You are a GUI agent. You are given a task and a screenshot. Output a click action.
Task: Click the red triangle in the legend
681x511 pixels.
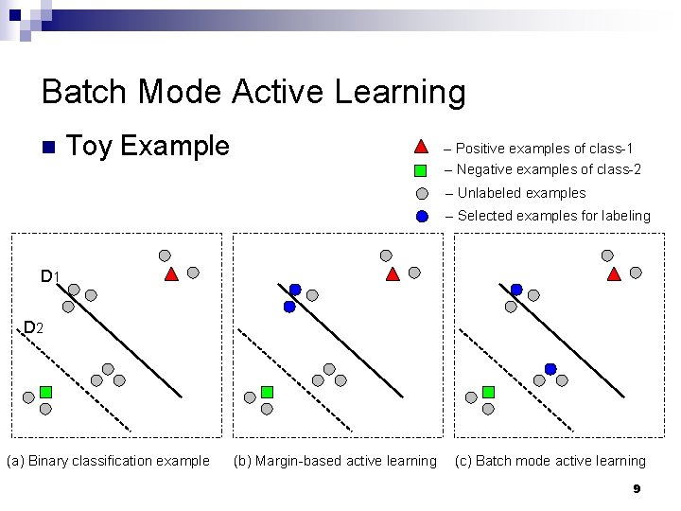coord(422,148)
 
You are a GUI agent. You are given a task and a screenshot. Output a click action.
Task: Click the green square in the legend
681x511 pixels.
coord(422,170)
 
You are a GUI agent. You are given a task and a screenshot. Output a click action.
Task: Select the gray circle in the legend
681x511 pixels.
coord(422,194)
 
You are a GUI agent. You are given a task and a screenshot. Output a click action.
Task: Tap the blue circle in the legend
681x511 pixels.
coord(422,216)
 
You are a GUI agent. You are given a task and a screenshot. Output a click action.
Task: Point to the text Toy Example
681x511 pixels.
coord(149,147)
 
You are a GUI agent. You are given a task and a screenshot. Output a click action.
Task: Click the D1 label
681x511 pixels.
coord(50,277)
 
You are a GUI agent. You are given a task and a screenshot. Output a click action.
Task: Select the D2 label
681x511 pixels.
coord(33,328)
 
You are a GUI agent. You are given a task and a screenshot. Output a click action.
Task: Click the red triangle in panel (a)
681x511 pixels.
coord(171,274)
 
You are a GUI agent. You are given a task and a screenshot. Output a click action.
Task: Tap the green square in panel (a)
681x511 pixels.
coord(45,392)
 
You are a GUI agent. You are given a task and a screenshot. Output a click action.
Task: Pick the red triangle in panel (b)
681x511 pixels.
coord(393,274)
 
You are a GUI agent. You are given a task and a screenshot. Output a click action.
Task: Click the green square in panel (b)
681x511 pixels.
coord(267,392)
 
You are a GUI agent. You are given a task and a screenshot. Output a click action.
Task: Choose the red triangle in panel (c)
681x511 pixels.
coord(614,274)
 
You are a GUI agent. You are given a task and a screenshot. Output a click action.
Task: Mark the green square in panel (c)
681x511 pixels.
coord(488,392)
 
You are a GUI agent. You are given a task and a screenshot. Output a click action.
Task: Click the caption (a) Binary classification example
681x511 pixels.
coord(108,462)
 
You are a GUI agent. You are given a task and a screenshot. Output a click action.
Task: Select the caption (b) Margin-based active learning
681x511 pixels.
coord(336,462)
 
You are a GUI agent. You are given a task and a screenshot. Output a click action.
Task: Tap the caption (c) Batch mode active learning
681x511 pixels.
coord(550,462)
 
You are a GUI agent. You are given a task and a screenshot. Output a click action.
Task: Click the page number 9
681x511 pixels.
coord(637,489)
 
